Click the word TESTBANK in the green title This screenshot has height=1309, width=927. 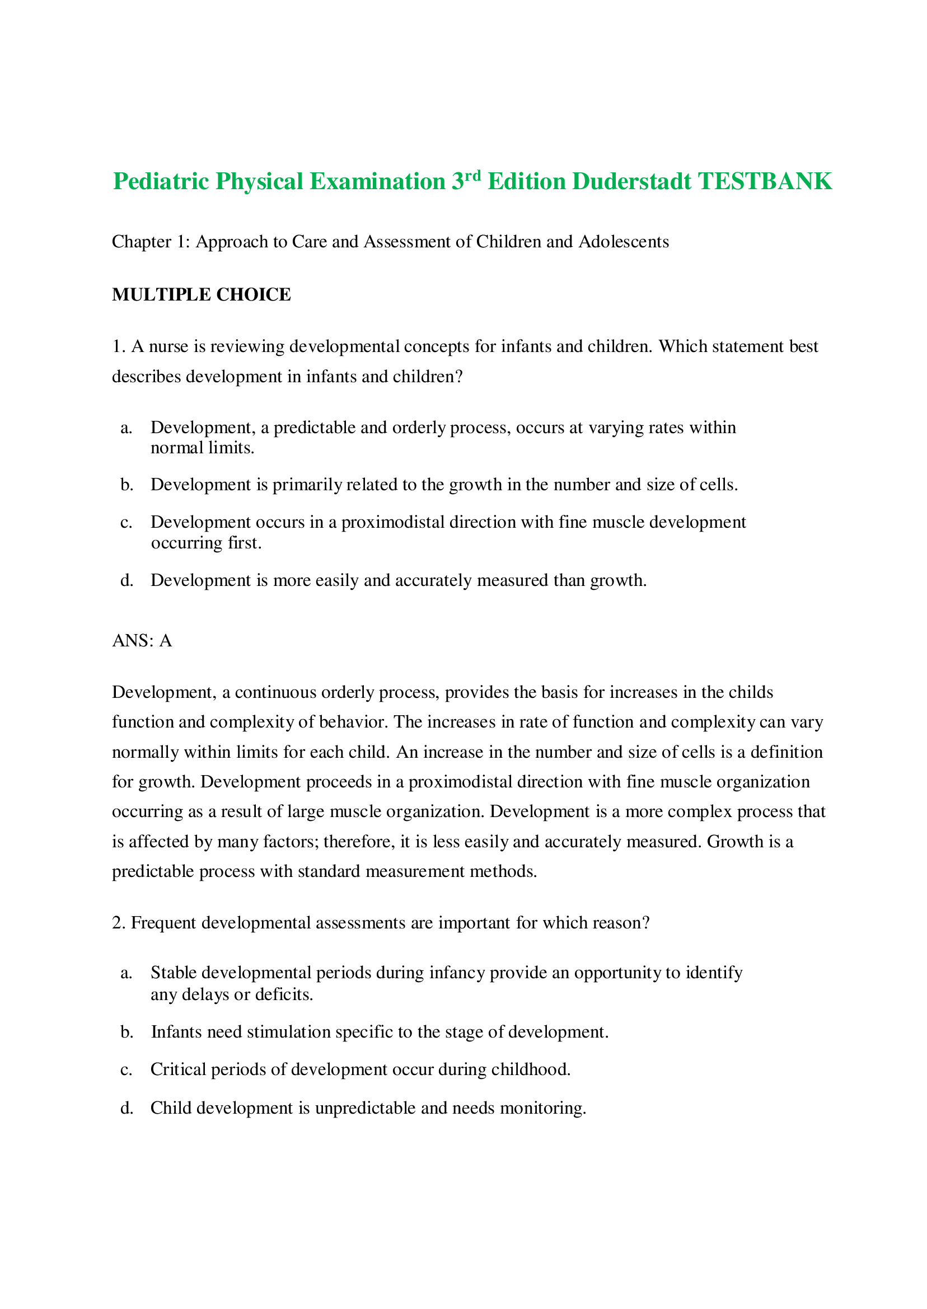click(x=765, y=181)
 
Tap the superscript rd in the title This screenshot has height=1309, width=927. click(x=473, y=175)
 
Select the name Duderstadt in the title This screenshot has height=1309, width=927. click(x=632, y=181)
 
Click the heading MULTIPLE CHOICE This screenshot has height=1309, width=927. click(x=202, y=294)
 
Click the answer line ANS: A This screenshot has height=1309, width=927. click(x=142, y=641)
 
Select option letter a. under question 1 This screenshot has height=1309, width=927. click(x=126, y=428)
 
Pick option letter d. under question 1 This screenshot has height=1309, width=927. click(x=126, y=580)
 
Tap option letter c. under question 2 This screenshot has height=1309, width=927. click(x=126, y=1069)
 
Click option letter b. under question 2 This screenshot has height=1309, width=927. click(x=126, y=1031)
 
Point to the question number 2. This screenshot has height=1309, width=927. click(x=118, y=923)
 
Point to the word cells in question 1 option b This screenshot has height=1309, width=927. click(x=718, y=485)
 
